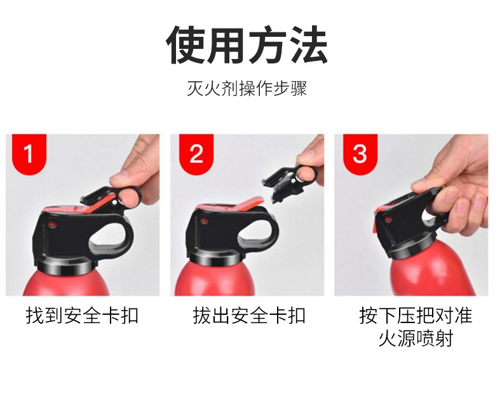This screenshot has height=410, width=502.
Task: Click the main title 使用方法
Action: tap(247, 45)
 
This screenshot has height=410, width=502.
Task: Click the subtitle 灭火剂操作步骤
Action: tap(247, 88)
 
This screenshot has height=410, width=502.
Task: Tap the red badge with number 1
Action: tap(29, 154)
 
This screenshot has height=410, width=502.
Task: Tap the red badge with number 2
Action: tap(196, 154)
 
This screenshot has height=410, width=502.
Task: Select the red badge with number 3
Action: tap(360, 154)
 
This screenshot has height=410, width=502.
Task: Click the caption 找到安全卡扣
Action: tap(82, 315)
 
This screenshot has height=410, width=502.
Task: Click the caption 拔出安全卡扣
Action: tap(249, 315)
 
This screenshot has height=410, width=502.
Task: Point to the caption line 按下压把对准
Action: tap(416, 315)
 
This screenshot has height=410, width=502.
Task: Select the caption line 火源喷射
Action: tap(416, 338)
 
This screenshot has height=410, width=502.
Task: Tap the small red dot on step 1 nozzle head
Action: tap(53, 225)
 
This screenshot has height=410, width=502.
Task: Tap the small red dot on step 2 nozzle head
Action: tap(204, 221)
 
